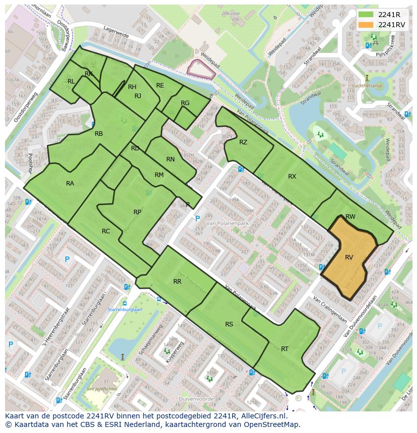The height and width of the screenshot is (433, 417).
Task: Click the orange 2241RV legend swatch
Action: coord(367,25)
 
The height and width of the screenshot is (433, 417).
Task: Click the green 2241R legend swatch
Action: coord(367,15)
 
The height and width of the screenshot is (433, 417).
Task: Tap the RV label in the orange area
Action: coord(349,257)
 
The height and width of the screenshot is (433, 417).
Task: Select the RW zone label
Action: coord(351,217)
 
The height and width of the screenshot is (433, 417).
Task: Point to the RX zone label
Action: coord(292,177)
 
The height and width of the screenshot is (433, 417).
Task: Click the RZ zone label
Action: coord(243,142)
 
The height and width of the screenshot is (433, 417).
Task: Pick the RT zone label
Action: coord(285,349)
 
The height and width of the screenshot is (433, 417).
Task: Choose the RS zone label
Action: coord(229,324)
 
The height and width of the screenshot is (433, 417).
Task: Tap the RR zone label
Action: coord(177,282)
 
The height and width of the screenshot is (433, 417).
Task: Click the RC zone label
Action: coord(106,231)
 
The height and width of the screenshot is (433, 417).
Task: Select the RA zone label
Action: coord(70,184)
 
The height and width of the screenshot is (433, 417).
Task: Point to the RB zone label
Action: coord(99,134)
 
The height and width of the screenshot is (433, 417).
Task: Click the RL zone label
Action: coord(71,81)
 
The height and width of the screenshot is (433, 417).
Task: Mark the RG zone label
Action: coord(185,103)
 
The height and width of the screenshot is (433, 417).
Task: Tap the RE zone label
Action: coord(160,85)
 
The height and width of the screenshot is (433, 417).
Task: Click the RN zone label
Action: coord(170,159)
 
